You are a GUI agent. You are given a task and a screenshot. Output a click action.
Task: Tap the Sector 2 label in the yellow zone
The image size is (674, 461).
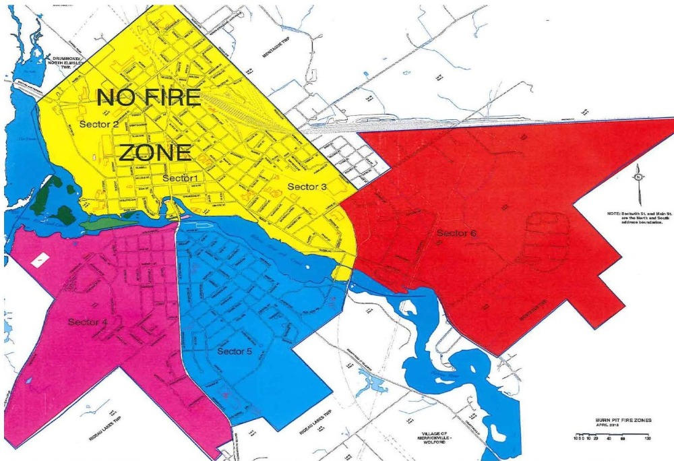click(98, 125)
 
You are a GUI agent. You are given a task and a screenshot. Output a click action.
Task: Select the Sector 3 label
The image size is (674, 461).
click(307, 186)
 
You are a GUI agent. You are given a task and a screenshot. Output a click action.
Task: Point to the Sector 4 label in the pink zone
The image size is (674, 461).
click(88, 322)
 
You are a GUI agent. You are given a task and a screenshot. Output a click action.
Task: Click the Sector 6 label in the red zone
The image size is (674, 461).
click(456, 233)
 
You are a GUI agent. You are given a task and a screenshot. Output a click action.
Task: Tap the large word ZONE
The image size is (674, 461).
click(155, 153)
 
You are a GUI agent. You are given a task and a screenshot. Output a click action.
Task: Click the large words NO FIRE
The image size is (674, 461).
click(149, 98)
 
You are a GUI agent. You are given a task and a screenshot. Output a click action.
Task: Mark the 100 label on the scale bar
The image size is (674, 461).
click(647, 439)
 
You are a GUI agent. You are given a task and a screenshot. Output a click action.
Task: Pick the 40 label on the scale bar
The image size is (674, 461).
click(609, 439)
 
